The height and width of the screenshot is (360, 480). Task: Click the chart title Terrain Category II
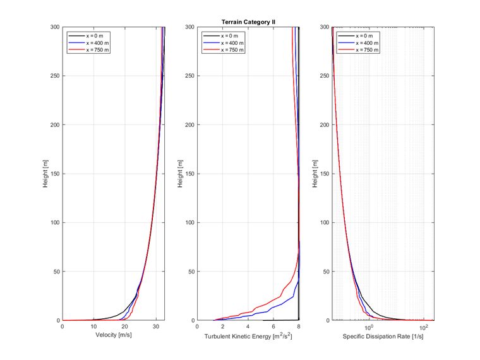pyautogui.click(x=248, y=22)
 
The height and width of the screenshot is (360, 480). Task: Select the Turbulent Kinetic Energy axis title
pyautogui.click(x=248, y=337)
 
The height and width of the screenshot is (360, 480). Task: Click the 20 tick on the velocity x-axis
pyautogui.click(x=124, y=327)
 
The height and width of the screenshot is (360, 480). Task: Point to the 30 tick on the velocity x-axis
pyautogui.click(x=155, y=327)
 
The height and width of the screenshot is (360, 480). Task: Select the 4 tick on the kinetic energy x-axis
pyautogui.click(x=248, y=327)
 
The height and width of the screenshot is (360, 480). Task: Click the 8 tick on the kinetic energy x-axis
pyautogui.click(x=299, y=327)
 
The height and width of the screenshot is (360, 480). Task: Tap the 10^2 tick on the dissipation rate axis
pyautogui.click(x=424, y=327)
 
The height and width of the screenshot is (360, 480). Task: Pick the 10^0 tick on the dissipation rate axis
pyautogui.click(x=369, y=327)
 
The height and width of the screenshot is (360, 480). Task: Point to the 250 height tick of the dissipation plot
pyautogui.click(x=323, y=76)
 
